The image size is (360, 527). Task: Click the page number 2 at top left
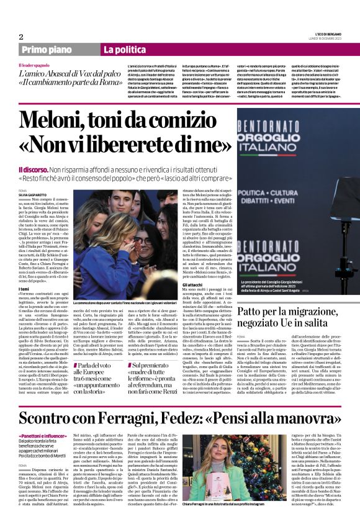[x=20, y=37]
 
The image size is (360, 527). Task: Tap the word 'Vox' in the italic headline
[x=88, y=72]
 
